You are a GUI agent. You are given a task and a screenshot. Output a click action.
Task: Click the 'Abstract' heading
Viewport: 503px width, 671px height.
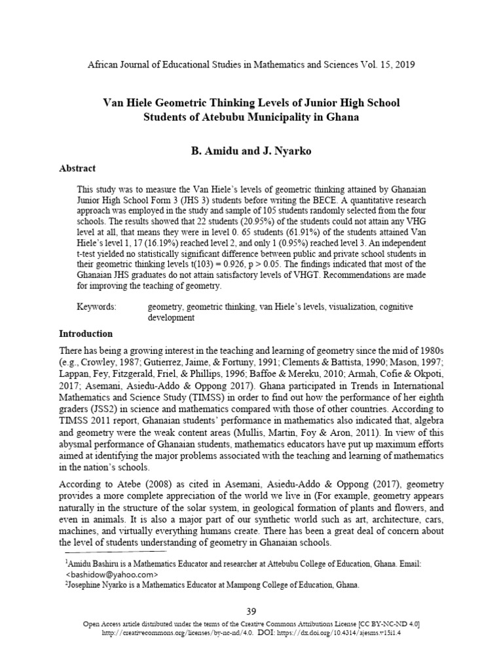click(x=77, y=168)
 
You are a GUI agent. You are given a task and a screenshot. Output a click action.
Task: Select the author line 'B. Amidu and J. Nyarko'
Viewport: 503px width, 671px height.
click(x=251, y=151)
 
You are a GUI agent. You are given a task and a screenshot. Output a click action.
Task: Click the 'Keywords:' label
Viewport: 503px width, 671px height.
click(x=96, y=307)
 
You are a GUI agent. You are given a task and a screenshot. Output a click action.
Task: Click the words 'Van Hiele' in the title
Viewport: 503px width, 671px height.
click(x=128, y=103)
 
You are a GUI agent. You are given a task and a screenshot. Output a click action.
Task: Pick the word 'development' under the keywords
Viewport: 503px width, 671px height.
click(x=171, y=318)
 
